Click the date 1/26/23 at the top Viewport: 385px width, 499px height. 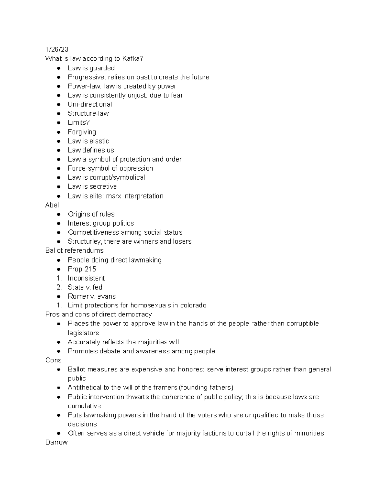57,49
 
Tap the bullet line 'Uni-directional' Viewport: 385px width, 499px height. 90,104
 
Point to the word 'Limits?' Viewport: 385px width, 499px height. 79,122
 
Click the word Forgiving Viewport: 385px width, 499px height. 82,132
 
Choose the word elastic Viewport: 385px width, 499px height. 99,141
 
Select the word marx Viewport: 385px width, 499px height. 114,196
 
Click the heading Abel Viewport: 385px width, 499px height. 52,205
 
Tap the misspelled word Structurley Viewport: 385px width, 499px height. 83,241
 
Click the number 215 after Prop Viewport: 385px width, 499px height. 90,269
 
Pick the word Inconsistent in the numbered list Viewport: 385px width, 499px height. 86,278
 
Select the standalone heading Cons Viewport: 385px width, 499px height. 53,360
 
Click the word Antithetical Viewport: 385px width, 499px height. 84,388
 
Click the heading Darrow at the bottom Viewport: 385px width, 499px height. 56,442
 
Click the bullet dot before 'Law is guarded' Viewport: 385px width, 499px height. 59,68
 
